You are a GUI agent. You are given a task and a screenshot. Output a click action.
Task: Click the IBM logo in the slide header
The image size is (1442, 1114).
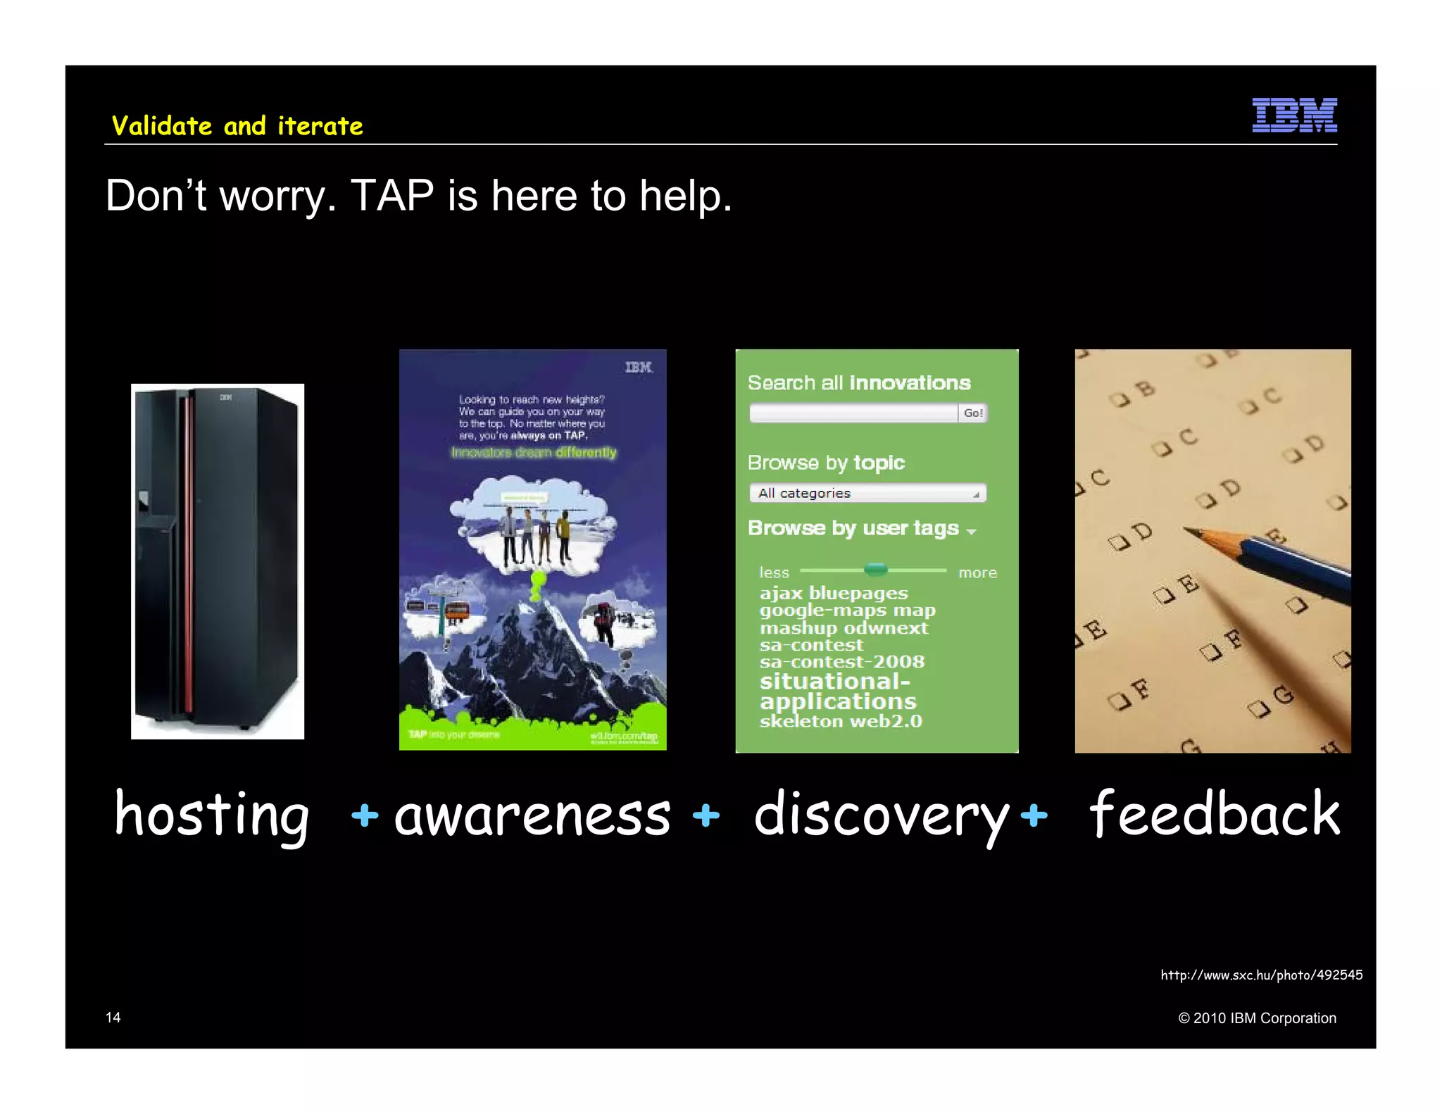tap(1294, 115)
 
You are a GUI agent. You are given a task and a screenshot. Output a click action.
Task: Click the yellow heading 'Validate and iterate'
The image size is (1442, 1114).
tap(237, 126)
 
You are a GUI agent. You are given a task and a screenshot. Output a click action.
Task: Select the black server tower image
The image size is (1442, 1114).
tap(217, 561)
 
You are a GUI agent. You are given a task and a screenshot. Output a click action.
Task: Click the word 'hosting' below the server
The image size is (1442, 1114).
tap(211, 815)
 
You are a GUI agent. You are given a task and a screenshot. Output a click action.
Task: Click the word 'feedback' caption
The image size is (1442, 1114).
tap(1214, 815)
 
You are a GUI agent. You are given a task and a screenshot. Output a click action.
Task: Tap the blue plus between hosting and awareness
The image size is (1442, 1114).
tap(365, 815)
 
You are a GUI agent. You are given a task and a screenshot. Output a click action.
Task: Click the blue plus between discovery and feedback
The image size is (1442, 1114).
tap(1034, 815)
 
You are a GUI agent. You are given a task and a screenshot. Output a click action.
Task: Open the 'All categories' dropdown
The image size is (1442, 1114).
tap(867, 493)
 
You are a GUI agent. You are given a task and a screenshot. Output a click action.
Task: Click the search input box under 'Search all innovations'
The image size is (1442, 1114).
tap(853, 413)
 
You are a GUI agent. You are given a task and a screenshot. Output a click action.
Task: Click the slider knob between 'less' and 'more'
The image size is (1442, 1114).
tap(875, 569)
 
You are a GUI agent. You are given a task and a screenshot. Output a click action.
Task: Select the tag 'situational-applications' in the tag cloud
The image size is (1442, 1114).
tap(837, 691)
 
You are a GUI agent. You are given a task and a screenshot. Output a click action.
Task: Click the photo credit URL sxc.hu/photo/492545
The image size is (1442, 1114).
tap(1261, 975)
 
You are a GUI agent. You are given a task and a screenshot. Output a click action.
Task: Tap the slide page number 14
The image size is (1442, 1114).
tap(113, 1018)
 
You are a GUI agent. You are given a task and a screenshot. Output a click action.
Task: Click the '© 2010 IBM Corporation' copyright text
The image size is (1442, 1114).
tap(1257, 1018)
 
